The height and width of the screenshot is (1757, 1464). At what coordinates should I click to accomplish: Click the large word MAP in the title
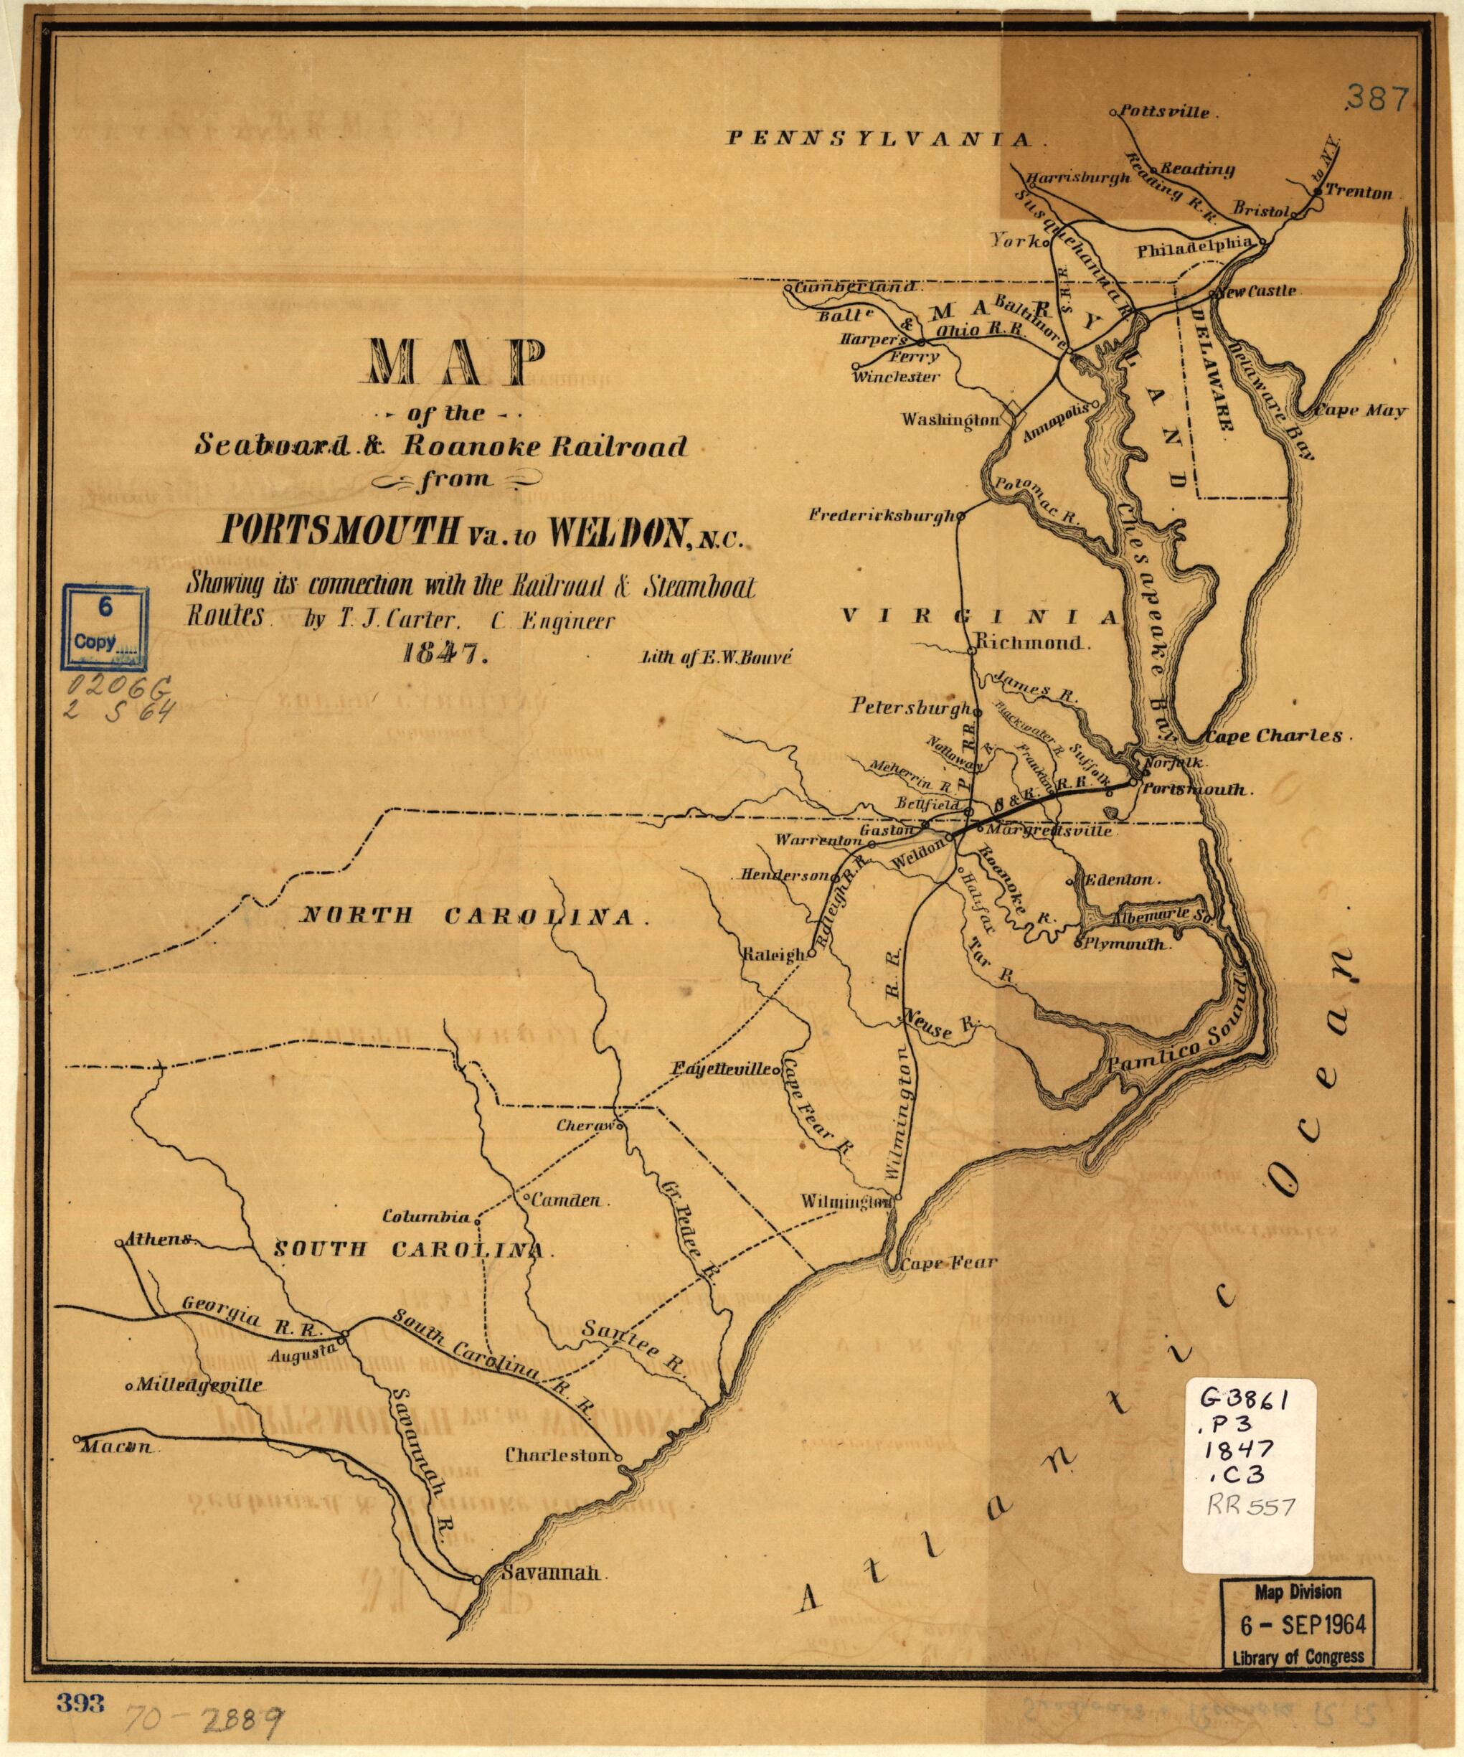pos(450,362)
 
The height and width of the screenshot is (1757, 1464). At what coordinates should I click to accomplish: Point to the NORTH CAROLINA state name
pos(473,916)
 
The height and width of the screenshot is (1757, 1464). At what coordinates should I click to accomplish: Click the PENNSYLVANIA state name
pos(886,139)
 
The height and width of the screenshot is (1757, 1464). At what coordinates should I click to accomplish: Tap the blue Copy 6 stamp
pos(106,629)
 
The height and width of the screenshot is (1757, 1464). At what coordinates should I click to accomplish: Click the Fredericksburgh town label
pos(881,517)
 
